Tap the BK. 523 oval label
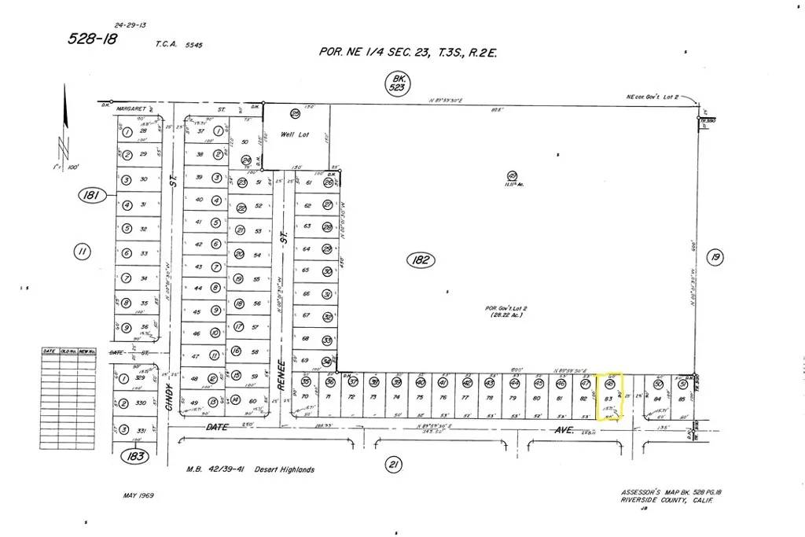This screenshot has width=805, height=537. (x=399, y=82)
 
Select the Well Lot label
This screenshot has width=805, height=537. (x=295, y=135)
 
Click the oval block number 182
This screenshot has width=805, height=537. (x=421, y=260)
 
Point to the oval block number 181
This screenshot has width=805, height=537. (x=93, y=196)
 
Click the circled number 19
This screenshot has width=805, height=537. (x=714, y=258)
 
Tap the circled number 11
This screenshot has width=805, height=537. (x=82, y=252)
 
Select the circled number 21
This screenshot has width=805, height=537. (x=393, y=465)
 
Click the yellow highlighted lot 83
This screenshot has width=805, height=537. (x=608, y=396)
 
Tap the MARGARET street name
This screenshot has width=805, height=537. (x=132, y=103)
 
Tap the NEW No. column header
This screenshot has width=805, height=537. (x=87, y=351)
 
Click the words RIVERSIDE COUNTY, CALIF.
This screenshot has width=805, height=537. (x=663, y=500)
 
